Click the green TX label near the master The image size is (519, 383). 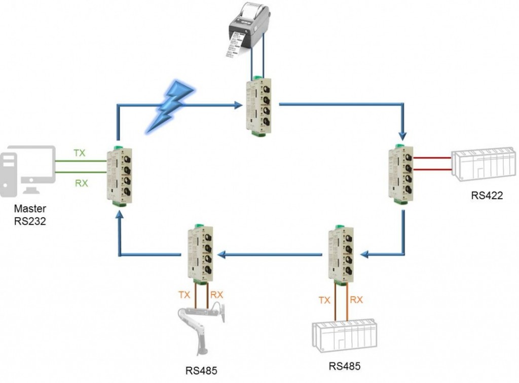(80, 153)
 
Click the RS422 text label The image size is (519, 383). (487, 195)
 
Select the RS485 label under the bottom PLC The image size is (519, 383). (345, 366)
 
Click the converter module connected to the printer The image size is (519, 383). (256, 106)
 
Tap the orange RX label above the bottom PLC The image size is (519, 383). (356, 300)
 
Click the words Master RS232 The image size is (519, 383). (30, 214)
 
